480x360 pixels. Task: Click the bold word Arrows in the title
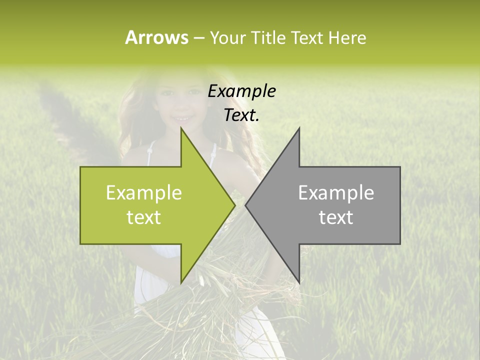[156, 37]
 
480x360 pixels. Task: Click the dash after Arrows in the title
[198, 38]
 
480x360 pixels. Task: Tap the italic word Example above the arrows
[242, 91]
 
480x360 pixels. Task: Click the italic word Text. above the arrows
[242, 115]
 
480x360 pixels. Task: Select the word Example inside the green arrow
[144, 193]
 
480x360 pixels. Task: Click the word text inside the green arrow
[144, 217]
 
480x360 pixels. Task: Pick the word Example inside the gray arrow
[336, 193]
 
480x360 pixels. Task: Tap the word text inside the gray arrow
[336, 217]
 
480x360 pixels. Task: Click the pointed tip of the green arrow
[234, 205]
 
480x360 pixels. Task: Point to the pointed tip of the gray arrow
[246, 205]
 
